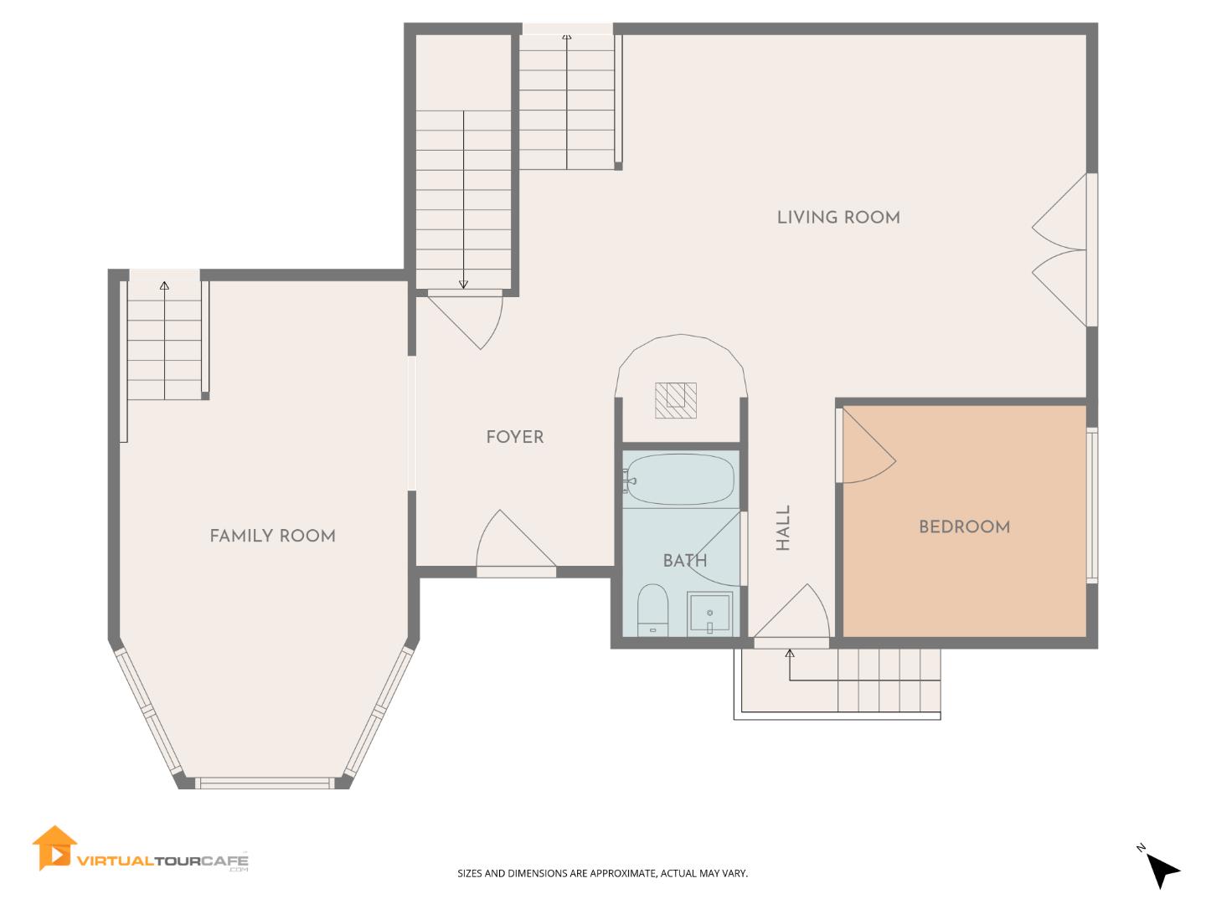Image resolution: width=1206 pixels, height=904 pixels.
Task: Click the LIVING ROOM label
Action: (838, 218)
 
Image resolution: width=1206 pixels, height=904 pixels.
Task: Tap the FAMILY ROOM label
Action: (272, 536)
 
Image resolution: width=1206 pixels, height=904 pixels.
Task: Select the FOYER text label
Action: (514, 437)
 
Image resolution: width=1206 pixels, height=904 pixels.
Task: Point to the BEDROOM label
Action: (964, 526)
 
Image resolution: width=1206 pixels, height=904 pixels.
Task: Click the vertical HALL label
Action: (783, 528)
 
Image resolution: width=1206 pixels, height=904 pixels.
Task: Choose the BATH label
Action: (684, 561)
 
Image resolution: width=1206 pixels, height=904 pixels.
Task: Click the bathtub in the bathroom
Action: (680, 479)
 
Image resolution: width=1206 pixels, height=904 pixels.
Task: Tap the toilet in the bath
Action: (652, 611)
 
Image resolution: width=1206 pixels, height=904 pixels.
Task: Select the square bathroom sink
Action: (709, 614)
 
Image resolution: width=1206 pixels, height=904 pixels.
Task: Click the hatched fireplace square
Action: (676, 400)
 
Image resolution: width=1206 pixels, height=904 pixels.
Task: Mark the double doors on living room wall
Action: (1062, 249)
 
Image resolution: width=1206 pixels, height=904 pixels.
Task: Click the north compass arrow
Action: (1162, 871)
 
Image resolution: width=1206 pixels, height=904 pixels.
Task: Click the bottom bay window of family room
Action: (264, 783)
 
